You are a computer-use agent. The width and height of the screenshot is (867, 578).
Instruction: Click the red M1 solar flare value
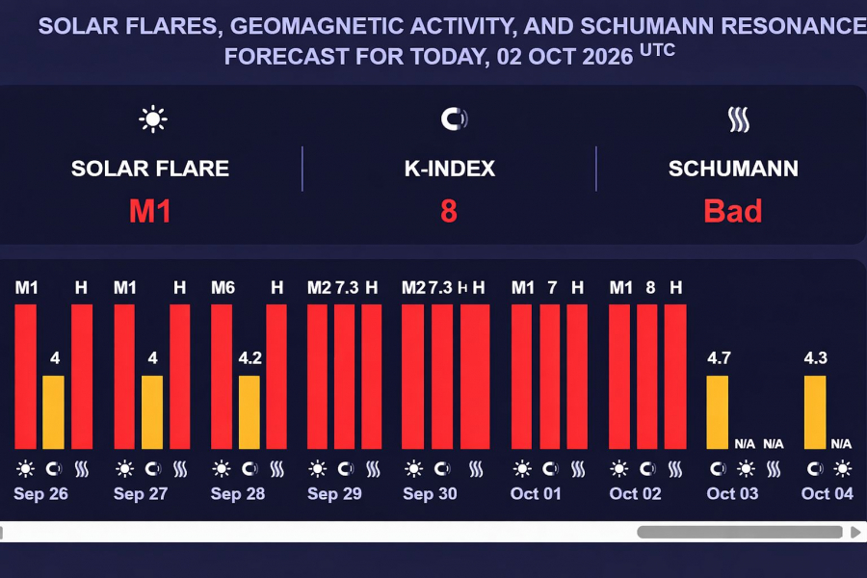[x=150, y=211]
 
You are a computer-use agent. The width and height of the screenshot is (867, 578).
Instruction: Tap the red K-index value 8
[x=449, y=211]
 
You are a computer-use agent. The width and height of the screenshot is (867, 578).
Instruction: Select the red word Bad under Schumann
[x=733, y=211]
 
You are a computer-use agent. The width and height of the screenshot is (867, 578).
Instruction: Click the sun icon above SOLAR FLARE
[x=152, y=119]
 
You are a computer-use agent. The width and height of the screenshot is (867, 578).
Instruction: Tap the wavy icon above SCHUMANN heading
[x=738, y=119]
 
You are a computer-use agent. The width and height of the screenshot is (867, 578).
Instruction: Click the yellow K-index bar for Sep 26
[x=54, y=412]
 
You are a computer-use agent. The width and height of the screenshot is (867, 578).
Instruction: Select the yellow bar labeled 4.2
[x=250, y=412]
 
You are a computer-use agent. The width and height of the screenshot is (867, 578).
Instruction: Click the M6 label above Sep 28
[x=223, y=287]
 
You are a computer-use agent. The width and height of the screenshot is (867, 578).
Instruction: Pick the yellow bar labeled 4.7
[x=718, y=412]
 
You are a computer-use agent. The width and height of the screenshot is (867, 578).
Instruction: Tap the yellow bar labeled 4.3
[x=815, y=412]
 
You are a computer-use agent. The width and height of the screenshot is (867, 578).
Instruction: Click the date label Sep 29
[x=334, y=494]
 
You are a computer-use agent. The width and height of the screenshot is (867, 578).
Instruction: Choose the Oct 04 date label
[x=828, y=494]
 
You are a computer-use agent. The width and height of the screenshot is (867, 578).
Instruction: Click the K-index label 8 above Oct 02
[x=650, y=287]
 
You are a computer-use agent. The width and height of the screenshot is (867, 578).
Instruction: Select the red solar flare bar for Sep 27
[x=124, y=376]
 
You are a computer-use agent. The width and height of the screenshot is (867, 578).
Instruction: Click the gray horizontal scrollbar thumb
[x=741, y=532]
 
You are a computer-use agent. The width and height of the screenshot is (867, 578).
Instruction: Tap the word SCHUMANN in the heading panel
[x=733, y=170]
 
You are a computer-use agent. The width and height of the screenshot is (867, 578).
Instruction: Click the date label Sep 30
[x=430, y=494]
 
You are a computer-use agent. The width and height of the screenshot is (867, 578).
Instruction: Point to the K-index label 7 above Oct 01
[x=552, y=287]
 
